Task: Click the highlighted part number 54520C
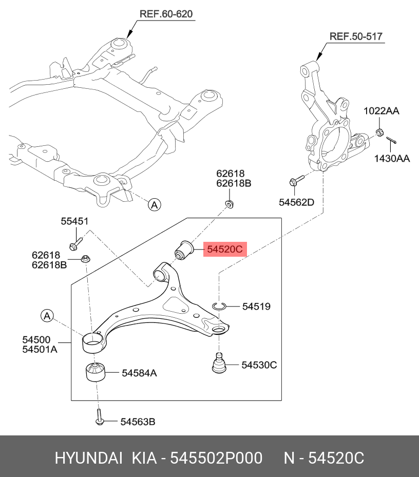225,250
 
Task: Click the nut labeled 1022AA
379,133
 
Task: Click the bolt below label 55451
74,242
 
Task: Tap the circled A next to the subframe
154,205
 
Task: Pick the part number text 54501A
39,350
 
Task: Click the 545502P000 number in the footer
216,458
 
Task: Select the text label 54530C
259,365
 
